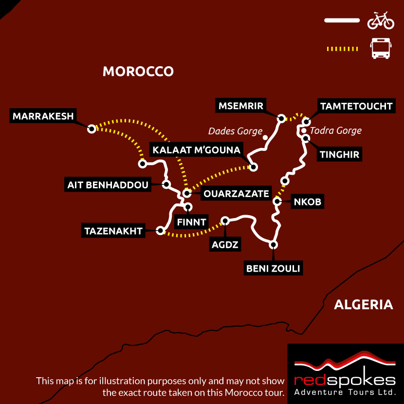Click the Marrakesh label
click(43, 116)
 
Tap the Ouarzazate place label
click(236, 194)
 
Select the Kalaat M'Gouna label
click(196, 150)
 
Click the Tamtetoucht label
click(355, 106)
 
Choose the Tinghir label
click(340, 155)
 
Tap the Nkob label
click(307, 202)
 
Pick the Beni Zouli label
click(274, 268)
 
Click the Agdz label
click(225, 244)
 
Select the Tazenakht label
click(113, 231)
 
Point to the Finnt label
click(191, 222)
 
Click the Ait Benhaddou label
click(108, 184)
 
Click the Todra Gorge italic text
click(336, 130)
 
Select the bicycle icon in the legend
click(381, 20)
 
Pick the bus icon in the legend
click(380, 49)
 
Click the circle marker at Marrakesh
click(91, 129)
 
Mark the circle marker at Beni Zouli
click(274, 245)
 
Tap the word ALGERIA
click(363, 305)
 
